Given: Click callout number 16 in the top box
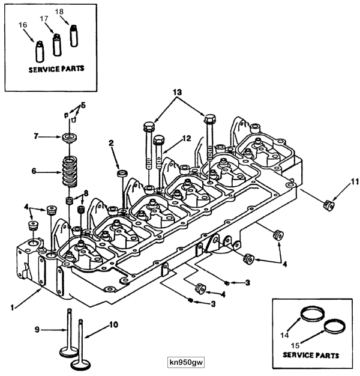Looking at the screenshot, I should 22,25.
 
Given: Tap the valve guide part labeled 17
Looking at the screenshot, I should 58,44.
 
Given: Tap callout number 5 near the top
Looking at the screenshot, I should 83,105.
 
